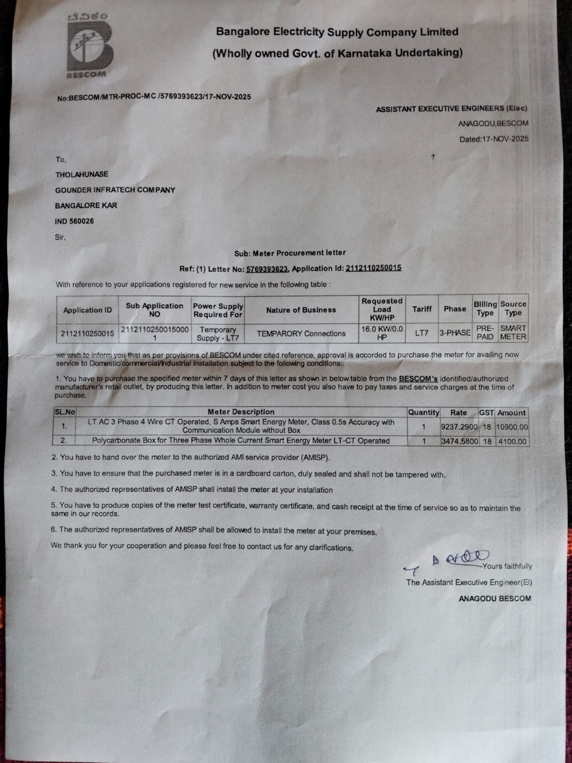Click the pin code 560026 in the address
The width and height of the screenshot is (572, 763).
point(82,221)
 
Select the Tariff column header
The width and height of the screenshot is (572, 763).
point(422,309)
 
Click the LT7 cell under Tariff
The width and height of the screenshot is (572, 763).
point(422,333)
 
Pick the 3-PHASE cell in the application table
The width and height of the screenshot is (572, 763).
point(455,332)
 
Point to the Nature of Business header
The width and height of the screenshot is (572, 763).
point(301,310)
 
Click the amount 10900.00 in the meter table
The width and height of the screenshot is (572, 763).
point(512,427)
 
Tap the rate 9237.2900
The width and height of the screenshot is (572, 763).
point(459,427)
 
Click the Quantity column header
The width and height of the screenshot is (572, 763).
point(423,412)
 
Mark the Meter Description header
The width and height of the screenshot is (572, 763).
point(241,412)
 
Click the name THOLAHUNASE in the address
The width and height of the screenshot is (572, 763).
point(82,175)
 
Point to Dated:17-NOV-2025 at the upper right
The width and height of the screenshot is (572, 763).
point(494,139)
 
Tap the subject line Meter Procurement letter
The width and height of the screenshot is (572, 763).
point(290,253)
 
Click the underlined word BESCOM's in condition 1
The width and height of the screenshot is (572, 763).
point(418,379)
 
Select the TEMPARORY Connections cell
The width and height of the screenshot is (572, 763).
point(301,334)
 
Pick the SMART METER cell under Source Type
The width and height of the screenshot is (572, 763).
point(513,332)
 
